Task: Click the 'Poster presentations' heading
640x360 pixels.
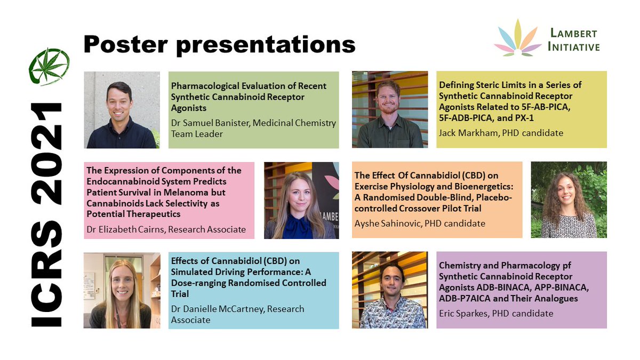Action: coord(219,44)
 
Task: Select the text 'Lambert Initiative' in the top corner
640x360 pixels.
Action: coord(573,40)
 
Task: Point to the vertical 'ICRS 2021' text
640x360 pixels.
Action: coord(49,213)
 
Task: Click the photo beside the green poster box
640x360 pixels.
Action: coord(122,110)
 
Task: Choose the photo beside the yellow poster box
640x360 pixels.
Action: coord(389,109)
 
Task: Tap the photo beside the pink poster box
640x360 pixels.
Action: coord(301,200)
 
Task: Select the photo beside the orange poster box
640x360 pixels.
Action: coord(569,200)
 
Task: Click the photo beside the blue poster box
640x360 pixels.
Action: coord(122,290)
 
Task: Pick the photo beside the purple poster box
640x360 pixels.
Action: coord(389,290)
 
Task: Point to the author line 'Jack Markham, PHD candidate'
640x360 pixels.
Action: coord(501,132)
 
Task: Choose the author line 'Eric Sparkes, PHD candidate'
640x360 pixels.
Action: coord(495,313)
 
